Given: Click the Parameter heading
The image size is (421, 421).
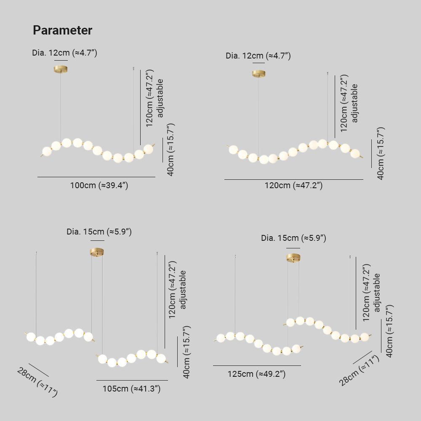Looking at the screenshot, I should point(62,30).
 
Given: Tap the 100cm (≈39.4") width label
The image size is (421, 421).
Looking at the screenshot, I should point(99,186).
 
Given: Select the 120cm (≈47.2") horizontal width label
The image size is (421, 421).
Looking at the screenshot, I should point(293,185).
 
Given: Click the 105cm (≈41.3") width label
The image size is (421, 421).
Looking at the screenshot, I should point(132,389).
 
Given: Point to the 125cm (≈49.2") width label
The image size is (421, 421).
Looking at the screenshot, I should point(257,374).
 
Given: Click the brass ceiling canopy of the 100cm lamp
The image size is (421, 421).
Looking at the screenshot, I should point(61,69).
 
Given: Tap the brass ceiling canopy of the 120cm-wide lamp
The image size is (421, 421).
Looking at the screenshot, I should point(258,74).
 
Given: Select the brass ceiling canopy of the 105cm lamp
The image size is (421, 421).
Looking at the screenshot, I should point(97,252).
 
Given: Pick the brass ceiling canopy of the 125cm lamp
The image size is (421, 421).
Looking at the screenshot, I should point(293,257).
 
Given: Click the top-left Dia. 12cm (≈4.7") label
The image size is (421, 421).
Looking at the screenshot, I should point(65,53).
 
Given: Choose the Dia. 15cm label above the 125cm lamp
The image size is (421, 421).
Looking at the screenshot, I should point(293,238).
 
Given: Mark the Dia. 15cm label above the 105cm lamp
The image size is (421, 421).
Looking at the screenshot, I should point(99,232).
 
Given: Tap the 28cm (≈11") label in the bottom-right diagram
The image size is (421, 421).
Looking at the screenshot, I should point(360,370).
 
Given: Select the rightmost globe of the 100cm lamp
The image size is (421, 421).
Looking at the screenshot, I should point(148,149).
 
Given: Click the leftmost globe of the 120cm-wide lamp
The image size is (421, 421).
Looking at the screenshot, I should point(233,149).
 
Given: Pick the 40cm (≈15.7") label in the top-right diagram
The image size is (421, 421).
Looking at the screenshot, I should point(380,153).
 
